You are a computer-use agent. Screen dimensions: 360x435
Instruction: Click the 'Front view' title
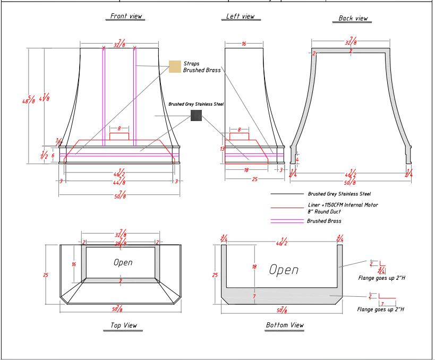point(125,16)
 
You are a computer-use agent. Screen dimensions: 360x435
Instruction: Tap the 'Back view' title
point(353,19)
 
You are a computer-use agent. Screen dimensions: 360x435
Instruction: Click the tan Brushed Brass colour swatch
point(174,66)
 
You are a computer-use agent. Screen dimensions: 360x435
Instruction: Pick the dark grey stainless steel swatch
point(196,115)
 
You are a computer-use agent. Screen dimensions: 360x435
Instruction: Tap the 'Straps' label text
point(191,63)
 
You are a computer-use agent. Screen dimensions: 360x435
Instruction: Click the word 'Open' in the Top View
point(123,262)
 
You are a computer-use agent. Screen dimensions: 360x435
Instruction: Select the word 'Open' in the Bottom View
point(284,269)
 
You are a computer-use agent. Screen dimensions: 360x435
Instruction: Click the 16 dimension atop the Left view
point(244,44)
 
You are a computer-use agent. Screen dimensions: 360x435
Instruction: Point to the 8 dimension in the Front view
point(120,129)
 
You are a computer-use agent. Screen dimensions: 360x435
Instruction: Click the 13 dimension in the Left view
point(223,149)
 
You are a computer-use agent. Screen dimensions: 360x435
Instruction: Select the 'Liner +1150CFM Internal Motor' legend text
point(342,204)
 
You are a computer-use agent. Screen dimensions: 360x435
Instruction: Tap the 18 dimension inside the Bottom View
point(254,267)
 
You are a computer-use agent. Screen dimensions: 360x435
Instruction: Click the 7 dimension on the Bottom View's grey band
point(254,296)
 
